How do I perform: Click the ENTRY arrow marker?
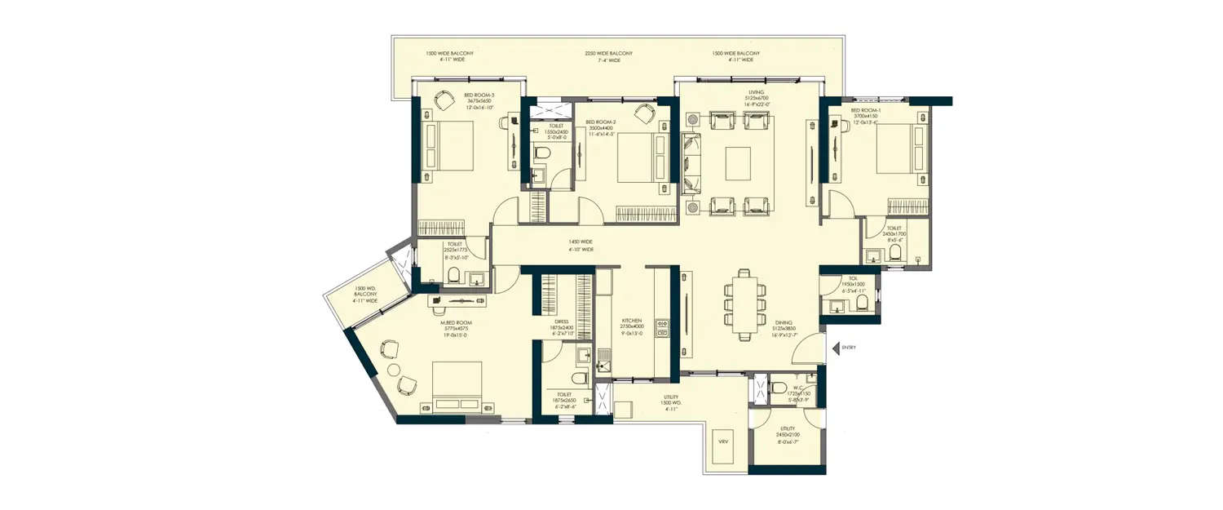pyautogui.click(x=836, y=348)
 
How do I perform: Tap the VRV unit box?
pyautogui.click(x=722, y=442)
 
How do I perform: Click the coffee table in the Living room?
pyautogui.click(x=738, y=162)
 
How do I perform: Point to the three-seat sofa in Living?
pyautogui.click(x=691, y=162)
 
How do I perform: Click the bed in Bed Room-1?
pyautogui.click(x=903, y=149)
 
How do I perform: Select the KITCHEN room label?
pyautogui.click(x=632, y=321)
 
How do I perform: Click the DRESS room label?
pyautogui.click(x=561, y=322)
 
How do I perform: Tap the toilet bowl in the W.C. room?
pyautogui.click(x=778, y=388)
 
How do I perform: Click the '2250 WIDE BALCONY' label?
pyautogui.click(x=608, y=54)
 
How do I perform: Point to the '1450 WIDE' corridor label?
pyautogui.click(x=581, y=242)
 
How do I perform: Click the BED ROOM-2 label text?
pyautogui.click(x=600, y=122)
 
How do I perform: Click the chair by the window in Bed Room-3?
pyautogui.click(x=444, y=100)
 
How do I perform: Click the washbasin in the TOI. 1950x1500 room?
pyautogui.click(x=834, y=306)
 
